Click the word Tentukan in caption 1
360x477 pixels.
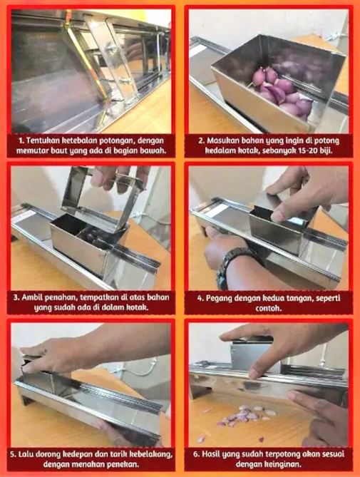tap(43, 141)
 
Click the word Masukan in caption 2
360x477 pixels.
tap(222, 141)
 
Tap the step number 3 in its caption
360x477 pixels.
tap(16, 297)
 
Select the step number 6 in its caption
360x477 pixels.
tap(196, 454)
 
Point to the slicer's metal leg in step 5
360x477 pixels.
tap(25, 397)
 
